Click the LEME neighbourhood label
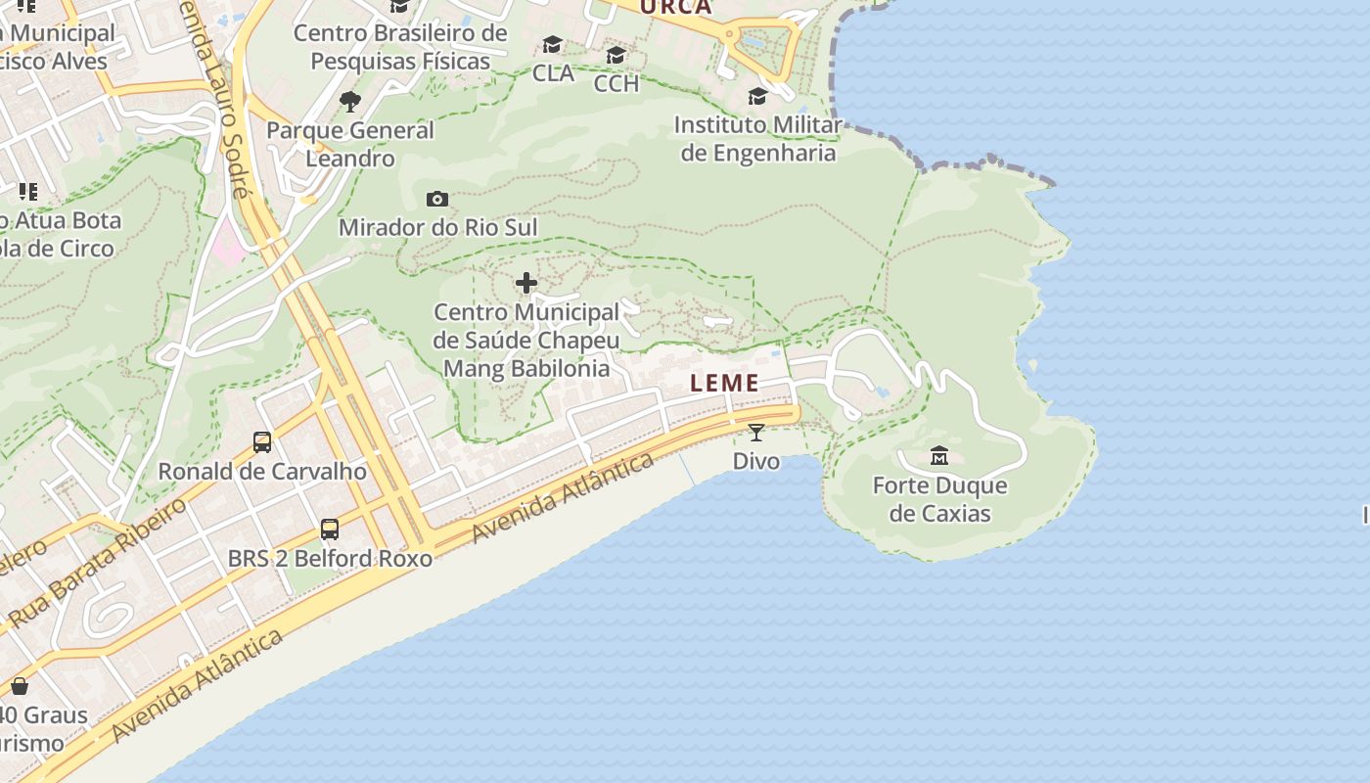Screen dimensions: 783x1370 (724, 383)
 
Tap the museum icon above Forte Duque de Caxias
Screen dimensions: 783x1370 (939, 456)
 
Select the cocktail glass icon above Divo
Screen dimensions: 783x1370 (756, 433)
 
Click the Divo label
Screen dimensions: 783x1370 (756, 461)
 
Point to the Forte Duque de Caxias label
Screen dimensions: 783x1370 (939, 499)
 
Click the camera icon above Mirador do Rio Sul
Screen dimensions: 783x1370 (437, 200)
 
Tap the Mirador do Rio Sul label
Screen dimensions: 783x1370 (437, 228)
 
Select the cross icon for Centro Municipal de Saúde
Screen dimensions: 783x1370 (526, 284)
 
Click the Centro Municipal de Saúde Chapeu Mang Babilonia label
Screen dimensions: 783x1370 (526, 341)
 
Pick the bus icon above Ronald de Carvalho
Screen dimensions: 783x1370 (262, 442)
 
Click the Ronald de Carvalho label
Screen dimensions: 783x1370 (262, 471)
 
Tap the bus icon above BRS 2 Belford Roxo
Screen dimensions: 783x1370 (330, 530)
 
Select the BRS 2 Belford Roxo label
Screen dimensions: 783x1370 (330, 559)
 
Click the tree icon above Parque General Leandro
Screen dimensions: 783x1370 (349, 101)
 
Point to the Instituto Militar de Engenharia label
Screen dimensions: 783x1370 (758, 139)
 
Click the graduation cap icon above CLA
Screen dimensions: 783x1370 (553, 45)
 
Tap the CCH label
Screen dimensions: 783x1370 (616, 84)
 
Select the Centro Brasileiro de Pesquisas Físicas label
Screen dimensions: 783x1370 (400, 47)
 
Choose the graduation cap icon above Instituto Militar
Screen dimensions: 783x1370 (758, 96)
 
